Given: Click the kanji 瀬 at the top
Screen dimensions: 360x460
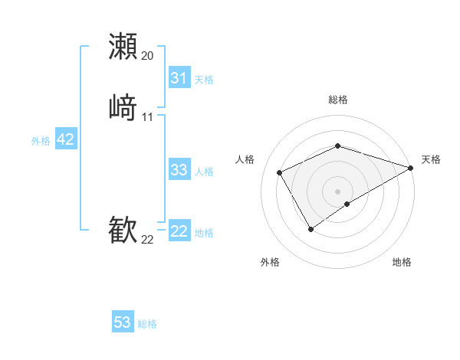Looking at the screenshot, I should pyautogui.click(x=123, y=46).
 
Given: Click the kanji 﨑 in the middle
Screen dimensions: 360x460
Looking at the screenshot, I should pyautogui.click(x=123, y=106).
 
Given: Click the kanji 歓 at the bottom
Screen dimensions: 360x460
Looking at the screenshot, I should pyautogui.click(x=123, y=230).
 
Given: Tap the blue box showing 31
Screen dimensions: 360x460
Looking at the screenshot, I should pyautogui.click(x=179, y=78).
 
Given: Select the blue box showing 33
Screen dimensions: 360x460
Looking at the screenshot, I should pyautogui.click(x=179, y=170).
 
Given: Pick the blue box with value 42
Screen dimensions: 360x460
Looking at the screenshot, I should pyautogui.click(x=65, y=139).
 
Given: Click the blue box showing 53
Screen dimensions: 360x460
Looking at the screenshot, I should pyautogui.click(x=123, y=322).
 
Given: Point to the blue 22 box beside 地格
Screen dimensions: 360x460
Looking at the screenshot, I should pyautogui.click(x=179, y=232).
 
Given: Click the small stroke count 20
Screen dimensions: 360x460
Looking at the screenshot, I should pyautogui.click(x=147, y=56).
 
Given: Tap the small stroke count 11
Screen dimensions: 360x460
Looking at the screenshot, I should pyautogui.click(x=147, y=117).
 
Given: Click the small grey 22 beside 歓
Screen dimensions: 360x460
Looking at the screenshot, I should pyautogui.click(x=147, y=240).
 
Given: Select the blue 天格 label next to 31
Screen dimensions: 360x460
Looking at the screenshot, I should pyautogui.click(x=204, y=79).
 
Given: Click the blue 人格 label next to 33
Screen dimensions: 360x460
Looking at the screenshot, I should pyautogui.click(x=204, y=172).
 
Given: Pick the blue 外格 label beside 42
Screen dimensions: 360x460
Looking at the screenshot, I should pyautogui.click(x=41, y=140).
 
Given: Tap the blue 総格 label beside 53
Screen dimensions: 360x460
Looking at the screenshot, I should pyautogui.click(x=147, y=324).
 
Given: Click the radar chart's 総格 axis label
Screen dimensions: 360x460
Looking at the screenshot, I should pyautogui.click(x=337, y=100).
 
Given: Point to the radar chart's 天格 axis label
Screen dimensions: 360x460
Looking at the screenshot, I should pyautogui.click(x=431, y=159).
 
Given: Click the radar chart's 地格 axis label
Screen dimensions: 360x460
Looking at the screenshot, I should pyautogui.click(x=402, y=262).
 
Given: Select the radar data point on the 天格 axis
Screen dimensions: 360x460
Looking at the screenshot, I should pyautogui.click(x=411, y=168).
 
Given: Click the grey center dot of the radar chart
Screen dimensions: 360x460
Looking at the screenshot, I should pyautogui.click(x=337, y=191).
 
